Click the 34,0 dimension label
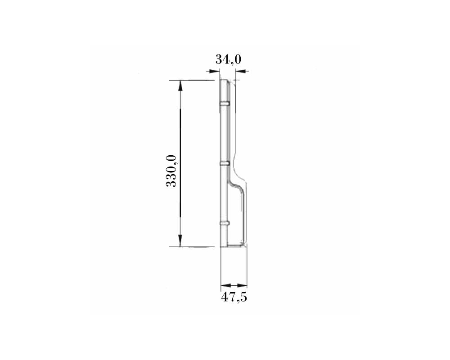coord(229,59)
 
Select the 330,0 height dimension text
coord(171,171)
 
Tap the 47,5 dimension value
coord(234,297)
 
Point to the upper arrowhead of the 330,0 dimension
coord(180,86)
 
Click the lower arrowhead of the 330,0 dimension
coord(180,241)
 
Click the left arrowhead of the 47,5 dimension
coord(226,285)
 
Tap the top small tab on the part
coord(225,103)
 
